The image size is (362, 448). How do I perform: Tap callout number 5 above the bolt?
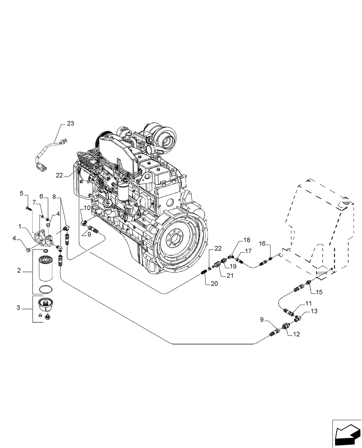tap(21, 194)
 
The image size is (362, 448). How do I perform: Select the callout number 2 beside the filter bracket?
tap(19, 271)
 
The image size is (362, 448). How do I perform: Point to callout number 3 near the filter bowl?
tap(19, 307)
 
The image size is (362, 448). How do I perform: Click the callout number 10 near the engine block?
tap(86, 209)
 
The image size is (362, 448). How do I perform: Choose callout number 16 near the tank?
tap(263, 244)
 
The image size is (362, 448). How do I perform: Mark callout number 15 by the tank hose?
tap(319, 292)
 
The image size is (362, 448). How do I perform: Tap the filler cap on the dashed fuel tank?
tap(344, 204)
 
